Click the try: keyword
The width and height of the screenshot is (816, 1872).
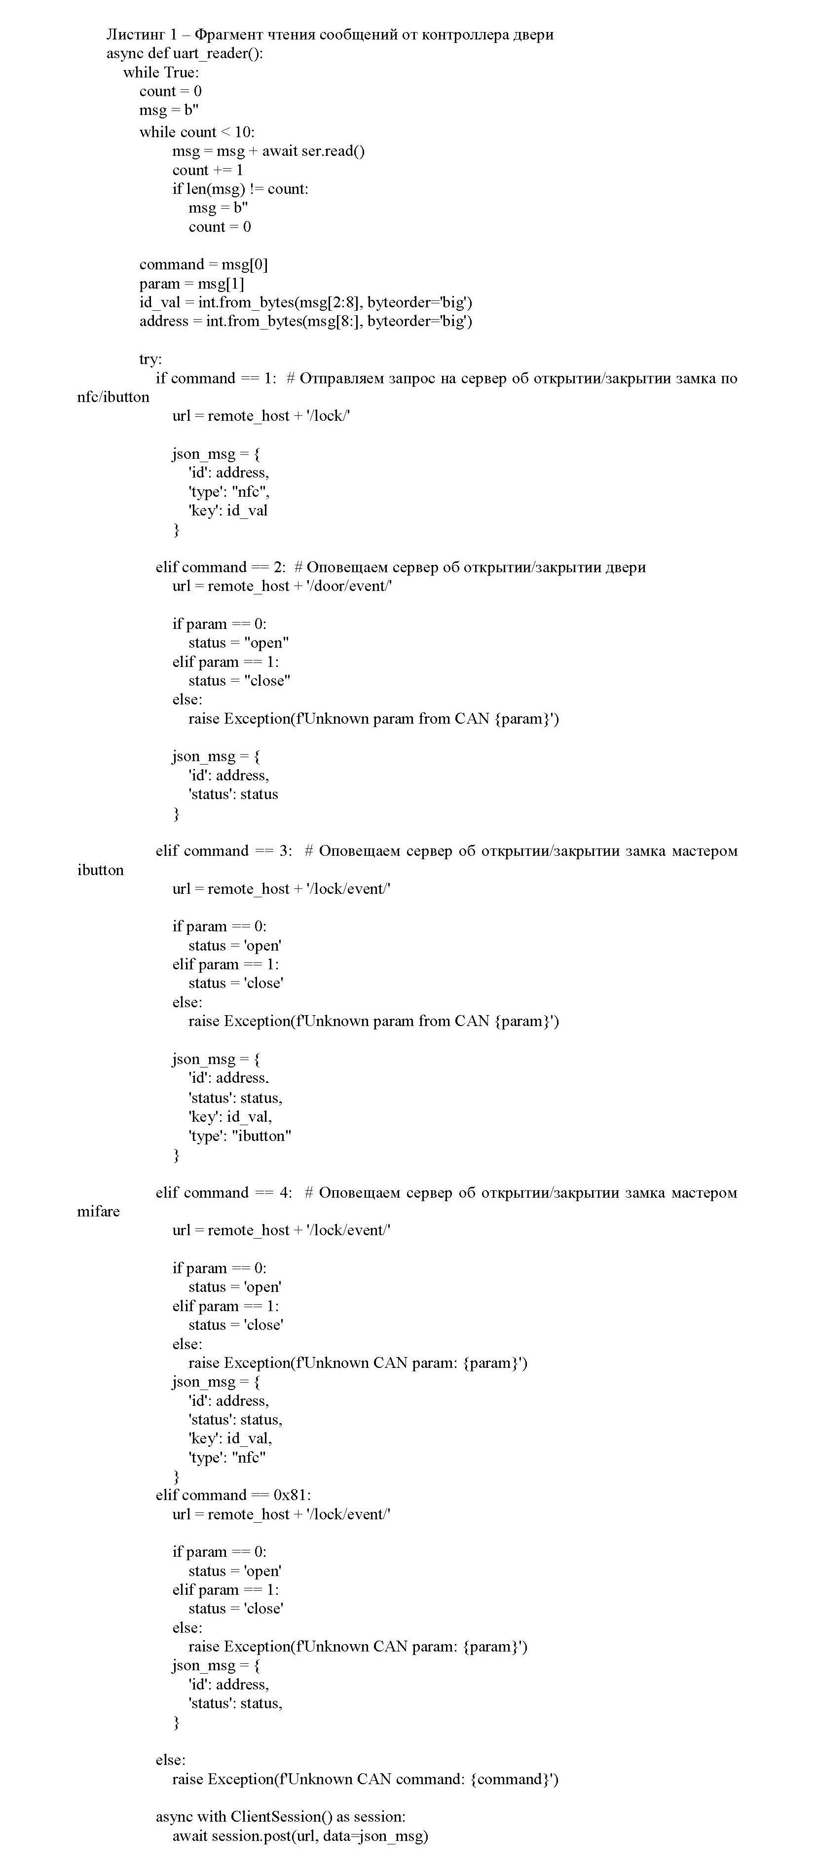click(x=150, y=359)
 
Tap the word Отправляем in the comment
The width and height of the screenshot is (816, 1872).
click(x=339, y=378)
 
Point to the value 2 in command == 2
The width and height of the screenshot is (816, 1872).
click(x=279, y=567)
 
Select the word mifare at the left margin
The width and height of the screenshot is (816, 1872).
click(x=98, y=1211)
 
